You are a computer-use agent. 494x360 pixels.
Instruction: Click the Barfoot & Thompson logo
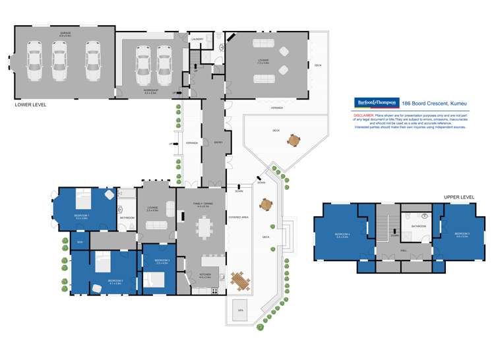[376, 103]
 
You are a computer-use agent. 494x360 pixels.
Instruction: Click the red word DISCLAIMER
[365, 115]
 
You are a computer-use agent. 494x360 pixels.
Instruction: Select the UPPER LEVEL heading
[460, 197]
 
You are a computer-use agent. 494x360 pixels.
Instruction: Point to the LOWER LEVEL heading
[30, 104]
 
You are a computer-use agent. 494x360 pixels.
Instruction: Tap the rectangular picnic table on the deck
[241, 282]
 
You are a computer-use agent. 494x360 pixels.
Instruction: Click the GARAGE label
[65, 32]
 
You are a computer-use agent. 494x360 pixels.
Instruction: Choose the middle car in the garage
[59, 59]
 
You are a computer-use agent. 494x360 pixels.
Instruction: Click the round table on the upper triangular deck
[292, 140]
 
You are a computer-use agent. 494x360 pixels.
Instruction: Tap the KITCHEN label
[204, 276]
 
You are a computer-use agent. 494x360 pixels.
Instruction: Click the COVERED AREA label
[239, 216]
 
